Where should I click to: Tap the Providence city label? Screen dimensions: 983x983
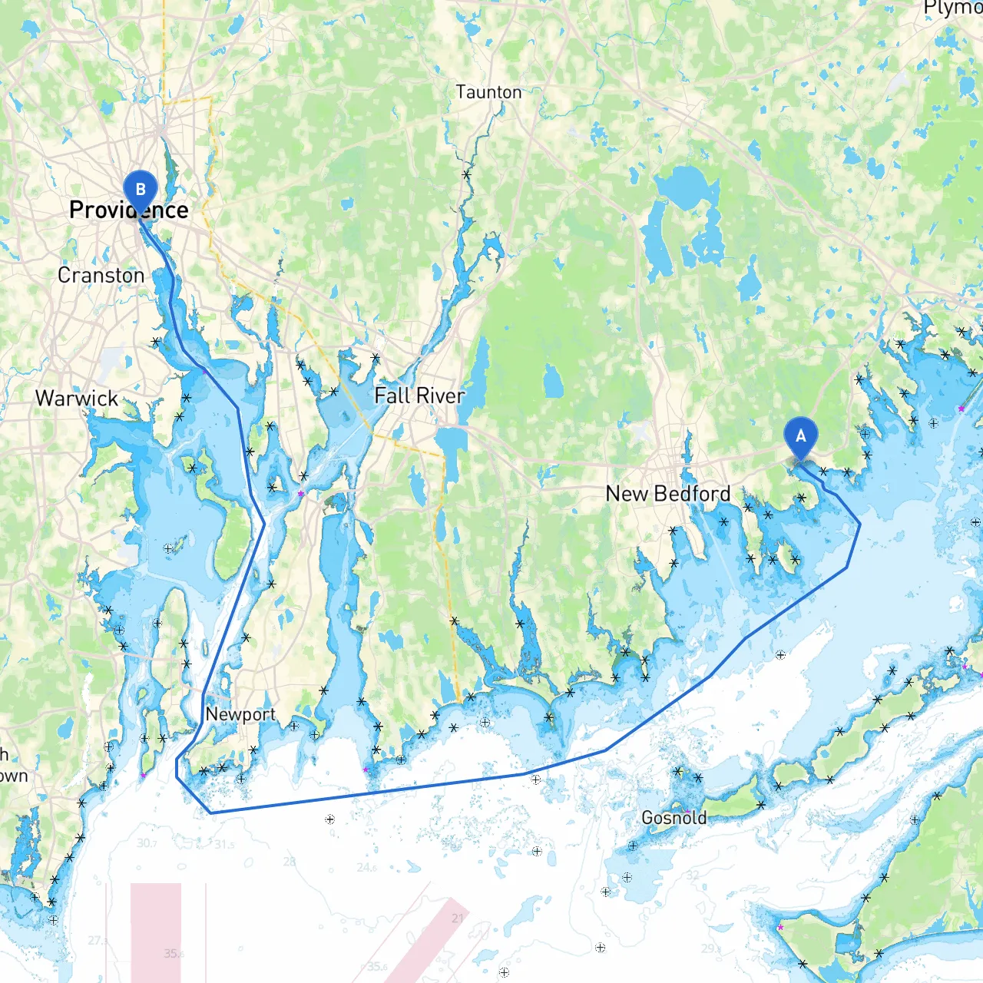[128, 210]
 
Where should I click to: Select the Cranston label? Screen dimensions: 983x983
[101, 275]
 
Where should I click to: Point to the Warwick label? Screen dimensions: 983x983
[77, 398]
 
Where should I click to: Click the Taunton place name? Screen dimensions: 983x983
[488, 92]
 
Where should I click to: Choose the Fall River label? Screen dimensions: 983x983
[419, 396]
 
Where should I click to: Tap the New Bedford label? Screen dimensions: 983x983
[668, 493]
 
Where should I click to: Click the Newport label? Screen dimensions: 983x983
[240, 714]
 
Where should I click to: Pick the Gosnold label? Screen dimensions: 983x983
[674, 818]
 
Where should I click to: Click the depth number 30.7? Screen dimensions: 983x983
[147, 843]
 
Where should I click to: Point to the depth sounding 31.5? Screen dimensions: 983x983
[224, 845]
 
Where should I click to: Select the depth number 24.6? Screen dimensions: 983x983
[367, 868]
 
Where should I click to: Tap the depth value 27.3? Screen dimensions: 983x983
[98, 940]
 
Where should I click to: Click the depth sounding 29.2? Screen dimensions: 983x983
[711, 948]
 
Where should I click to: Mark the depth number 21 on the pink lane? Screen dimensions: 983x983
[458, 918]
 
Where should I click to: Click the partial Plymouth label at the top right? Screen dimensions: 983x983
[953, 8]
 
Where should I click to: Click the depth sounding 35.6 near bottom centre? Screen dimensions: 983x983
[377, 967]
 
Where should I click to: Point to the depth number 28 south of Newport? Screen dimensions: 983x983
[289, 862]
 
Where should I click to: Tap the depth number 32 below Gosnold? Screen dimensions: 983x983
[693, 875]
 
